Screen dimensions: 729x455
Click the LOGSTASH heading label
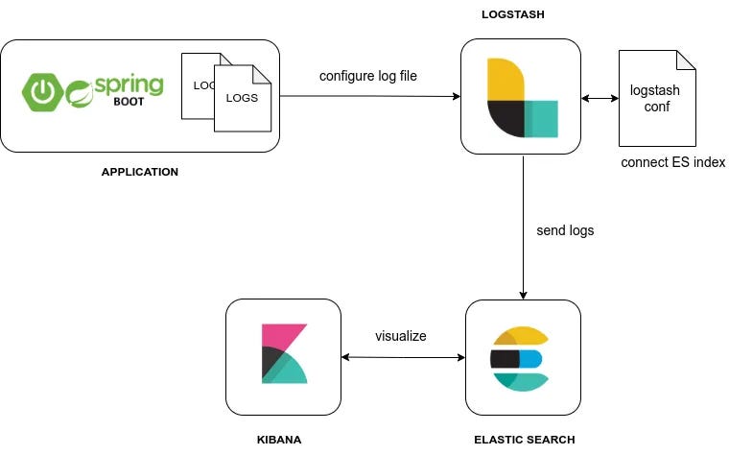pos(513,14)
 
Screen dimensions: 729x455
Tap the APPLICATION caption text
pos(140,172)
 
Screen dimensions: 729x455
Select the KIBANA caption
pos(279,440)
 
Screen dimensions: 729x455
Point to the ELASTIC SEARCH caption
pos(525,440)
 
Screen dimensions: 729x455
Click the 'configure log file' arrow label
pos(368,76)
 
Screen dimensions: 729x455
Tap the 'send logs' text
pos(565,230)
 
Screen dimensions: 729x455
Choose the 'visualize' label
pos(401,336)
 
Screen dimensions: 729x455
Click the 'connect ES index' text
pos(673,162)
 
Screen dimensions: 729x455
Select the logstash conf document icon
pos(657,98)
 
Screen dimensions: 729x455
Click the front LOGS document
pos(243,98)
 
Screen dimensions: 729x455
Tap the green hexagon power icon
pos(43,92)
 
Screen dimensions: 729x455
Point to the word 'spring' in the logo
pos(129,84)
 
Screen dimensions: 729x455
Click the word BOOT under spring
pos(129,102)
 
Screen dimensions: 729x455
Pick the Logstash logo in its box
pos(523,98)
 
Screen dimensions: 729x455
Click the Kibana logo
pos(285,353)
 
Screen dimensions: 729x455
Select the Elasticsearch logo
pos(520,359)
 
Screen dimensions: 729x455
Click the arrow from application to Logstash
pos(370,96)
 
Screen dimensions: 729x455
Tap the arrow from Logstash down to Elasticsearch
pos(523,227)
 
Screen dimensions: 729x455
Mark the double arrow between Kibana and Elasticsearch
pos(403,357)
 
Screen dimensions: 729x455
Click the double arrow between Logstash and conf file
pos(600,98)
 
